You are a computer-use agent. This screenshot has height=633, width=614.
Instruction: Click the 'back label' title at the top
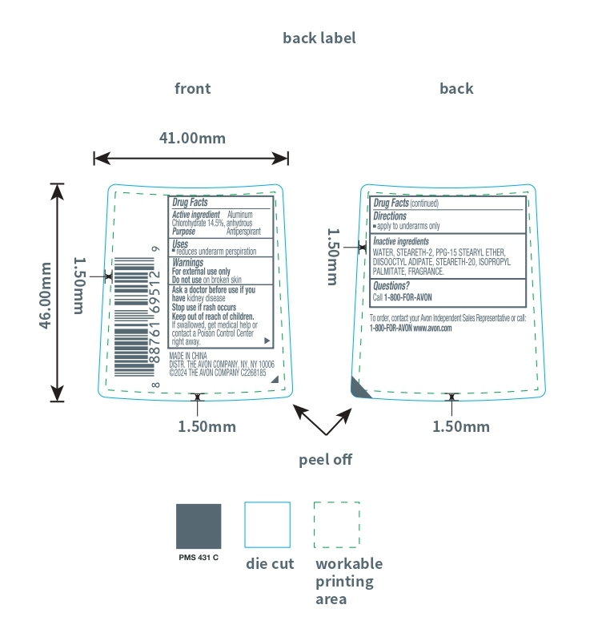(x=319, y=38)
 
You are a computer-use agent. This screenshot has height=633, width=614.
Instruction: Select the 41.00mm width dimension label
(x=192, y=138)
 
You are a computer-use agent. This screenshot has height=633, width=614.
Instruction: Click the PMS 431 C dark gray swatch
(x=199, y=526)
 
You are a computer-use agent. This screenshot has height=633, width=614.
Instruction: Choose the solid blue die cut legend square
(x=267, y=525)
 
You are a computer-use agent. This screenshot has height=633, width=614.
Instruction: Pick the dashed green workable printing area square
(x=336, y=525)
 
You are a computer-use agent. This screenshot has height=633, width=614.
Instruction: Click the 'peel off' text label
(x=325, y=459)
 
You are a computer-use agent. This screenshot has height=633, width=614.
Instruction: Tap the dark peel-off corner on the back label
(x=359, y=387)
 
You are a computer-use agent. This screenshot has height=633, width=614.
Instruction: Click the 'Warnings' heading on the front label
(x=188, y=262)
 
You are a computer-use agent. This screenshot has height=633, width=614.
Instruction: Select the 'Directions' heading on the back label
(x=391, y=216)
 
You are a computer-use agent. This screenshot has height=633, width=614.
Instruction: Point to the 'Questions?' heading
(x=391, y=286)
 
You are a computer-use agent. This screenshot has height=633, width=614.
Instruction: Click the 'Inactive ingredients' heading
(x=401, y=241)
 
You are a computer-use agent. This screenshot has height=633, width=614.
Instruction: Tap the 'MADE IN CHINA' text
(x=188, y=354)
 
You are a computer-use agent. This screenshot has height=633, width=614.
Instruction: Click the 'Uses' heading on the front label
(x=180, y=243)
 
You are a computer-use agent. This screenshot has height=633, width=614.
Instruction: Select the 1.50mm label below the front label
(x=207, y=426)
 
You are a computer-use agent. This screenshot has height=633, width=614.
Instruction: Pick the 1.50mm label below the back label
(x=461, y=426)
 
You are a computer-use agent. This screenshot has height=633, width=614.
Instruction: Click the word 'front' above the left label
(x=193, y=88)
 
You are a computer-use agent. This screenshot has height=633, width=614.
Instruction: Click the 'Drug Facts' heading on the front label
(x=191, y=203)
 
